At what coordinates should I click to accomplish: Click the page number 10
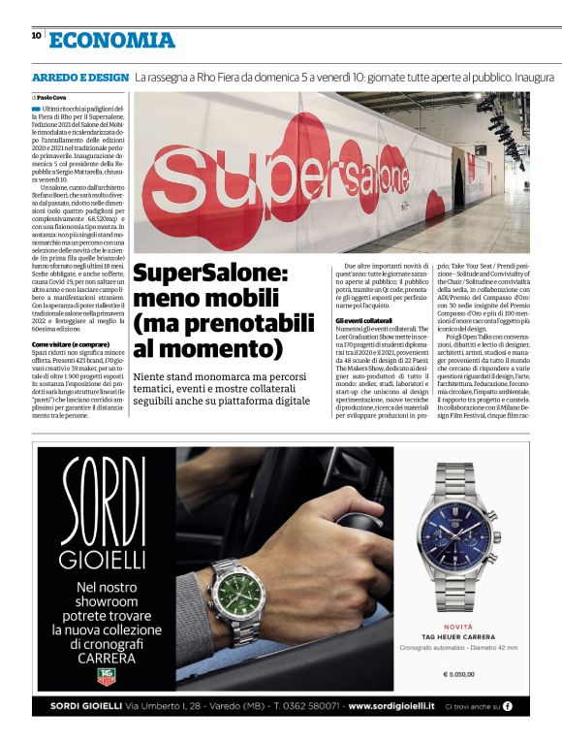coord(36,35)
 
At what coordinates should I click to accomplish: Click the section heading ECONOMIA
coord(112,40)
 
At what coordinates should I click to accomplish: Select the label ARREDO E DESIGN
coord(79,76)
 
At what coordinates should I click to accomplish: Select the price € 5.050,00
coord(457,673)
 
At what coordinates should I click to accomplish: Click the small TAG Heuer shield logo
coord(106,675)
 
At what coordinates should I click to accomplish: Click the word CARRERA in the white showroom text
coord(105,656)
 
